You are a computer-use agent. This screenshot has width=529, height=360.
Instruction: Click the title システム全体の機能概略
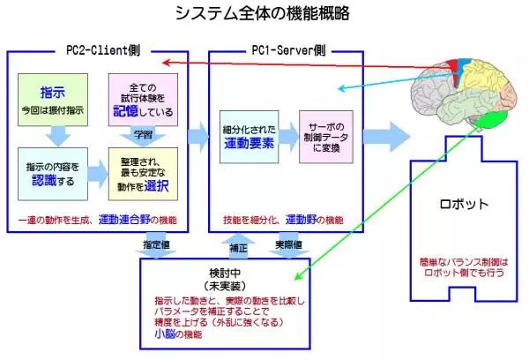(x=261, y=13)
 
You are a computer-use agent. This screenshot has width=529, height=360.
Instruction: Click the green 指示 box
(x=53, y=99)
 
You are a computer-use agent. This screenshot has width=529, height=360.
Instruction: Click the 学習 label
(x=143, y=134)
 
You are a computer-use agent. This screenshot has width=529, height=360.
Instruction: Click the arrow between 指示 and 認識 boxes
(x=53, y=135)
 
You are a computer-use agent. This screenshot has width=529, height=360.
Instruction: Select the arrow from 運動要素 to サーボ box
(x=287, y=138)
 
